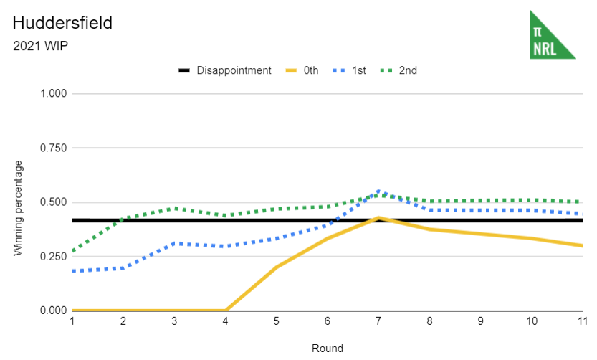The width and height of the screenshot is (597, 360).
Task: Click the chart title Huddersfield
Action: coord(62,23)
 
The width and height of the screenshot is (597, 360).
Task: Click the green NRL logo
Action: coord(552,35)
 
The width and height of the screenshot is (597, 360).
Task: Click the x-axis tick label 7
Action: coord(378,322)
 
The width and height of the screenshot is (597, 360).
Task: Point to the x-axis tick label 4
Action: coord(225,322)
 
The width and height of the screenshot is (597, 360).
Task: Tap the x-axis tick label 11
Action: coord(581,322)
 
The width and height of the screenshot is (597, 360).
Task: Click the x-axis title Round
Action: coord(327,349)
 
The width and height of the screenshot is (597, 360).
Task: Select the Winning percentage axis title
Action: coord(19,208)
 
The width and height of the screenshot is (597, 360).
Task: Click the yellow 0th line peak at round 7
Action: coord(378,218)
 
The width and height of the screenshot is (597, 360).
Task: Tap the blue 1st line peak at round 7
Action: coord(378,191)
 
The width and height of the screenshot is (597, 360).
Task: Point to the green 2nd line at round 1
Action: coord(73,251)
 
